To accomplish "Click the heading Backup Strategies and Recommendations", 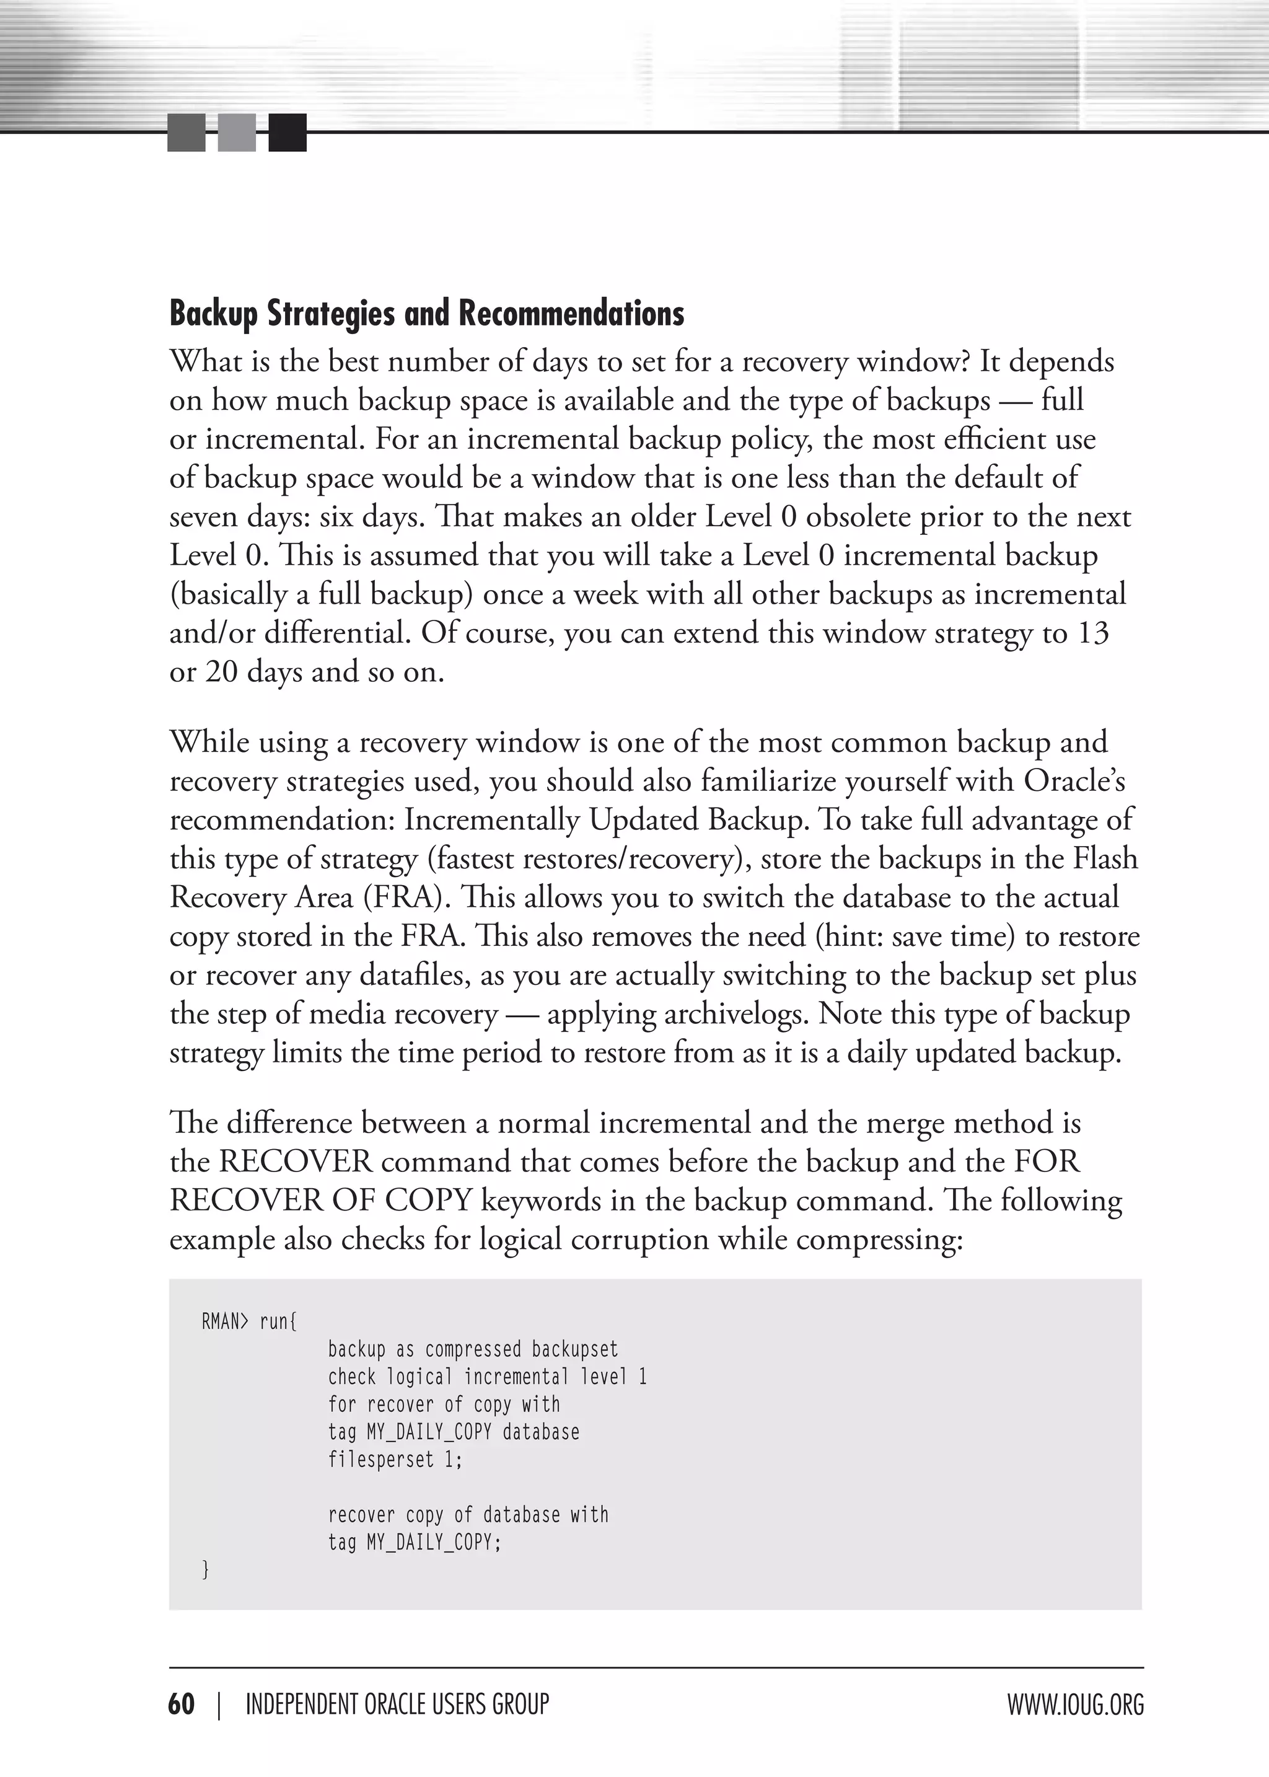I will (x=427, y=314).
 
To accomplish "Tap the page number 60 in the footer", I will (x=182, y=1703).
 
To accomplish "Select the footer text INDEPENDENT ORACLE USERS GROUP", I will (x=397, y=1703).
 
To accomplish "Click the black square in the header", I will (x=288, y=132).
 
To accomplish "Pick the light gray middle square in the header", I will (x=237, y=132).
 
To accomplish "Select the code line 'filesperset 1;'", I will (x=395, y=1459).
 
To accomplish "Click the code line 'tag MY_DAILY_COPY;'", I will (x=414, y=1542).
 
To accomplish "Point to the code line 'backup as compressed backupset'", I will (x=473, y=1349).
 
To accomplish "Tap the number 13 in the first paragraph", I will (x=1092, y=633).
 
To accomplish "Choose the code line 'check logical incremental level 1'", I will (x=488, y=1377).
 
